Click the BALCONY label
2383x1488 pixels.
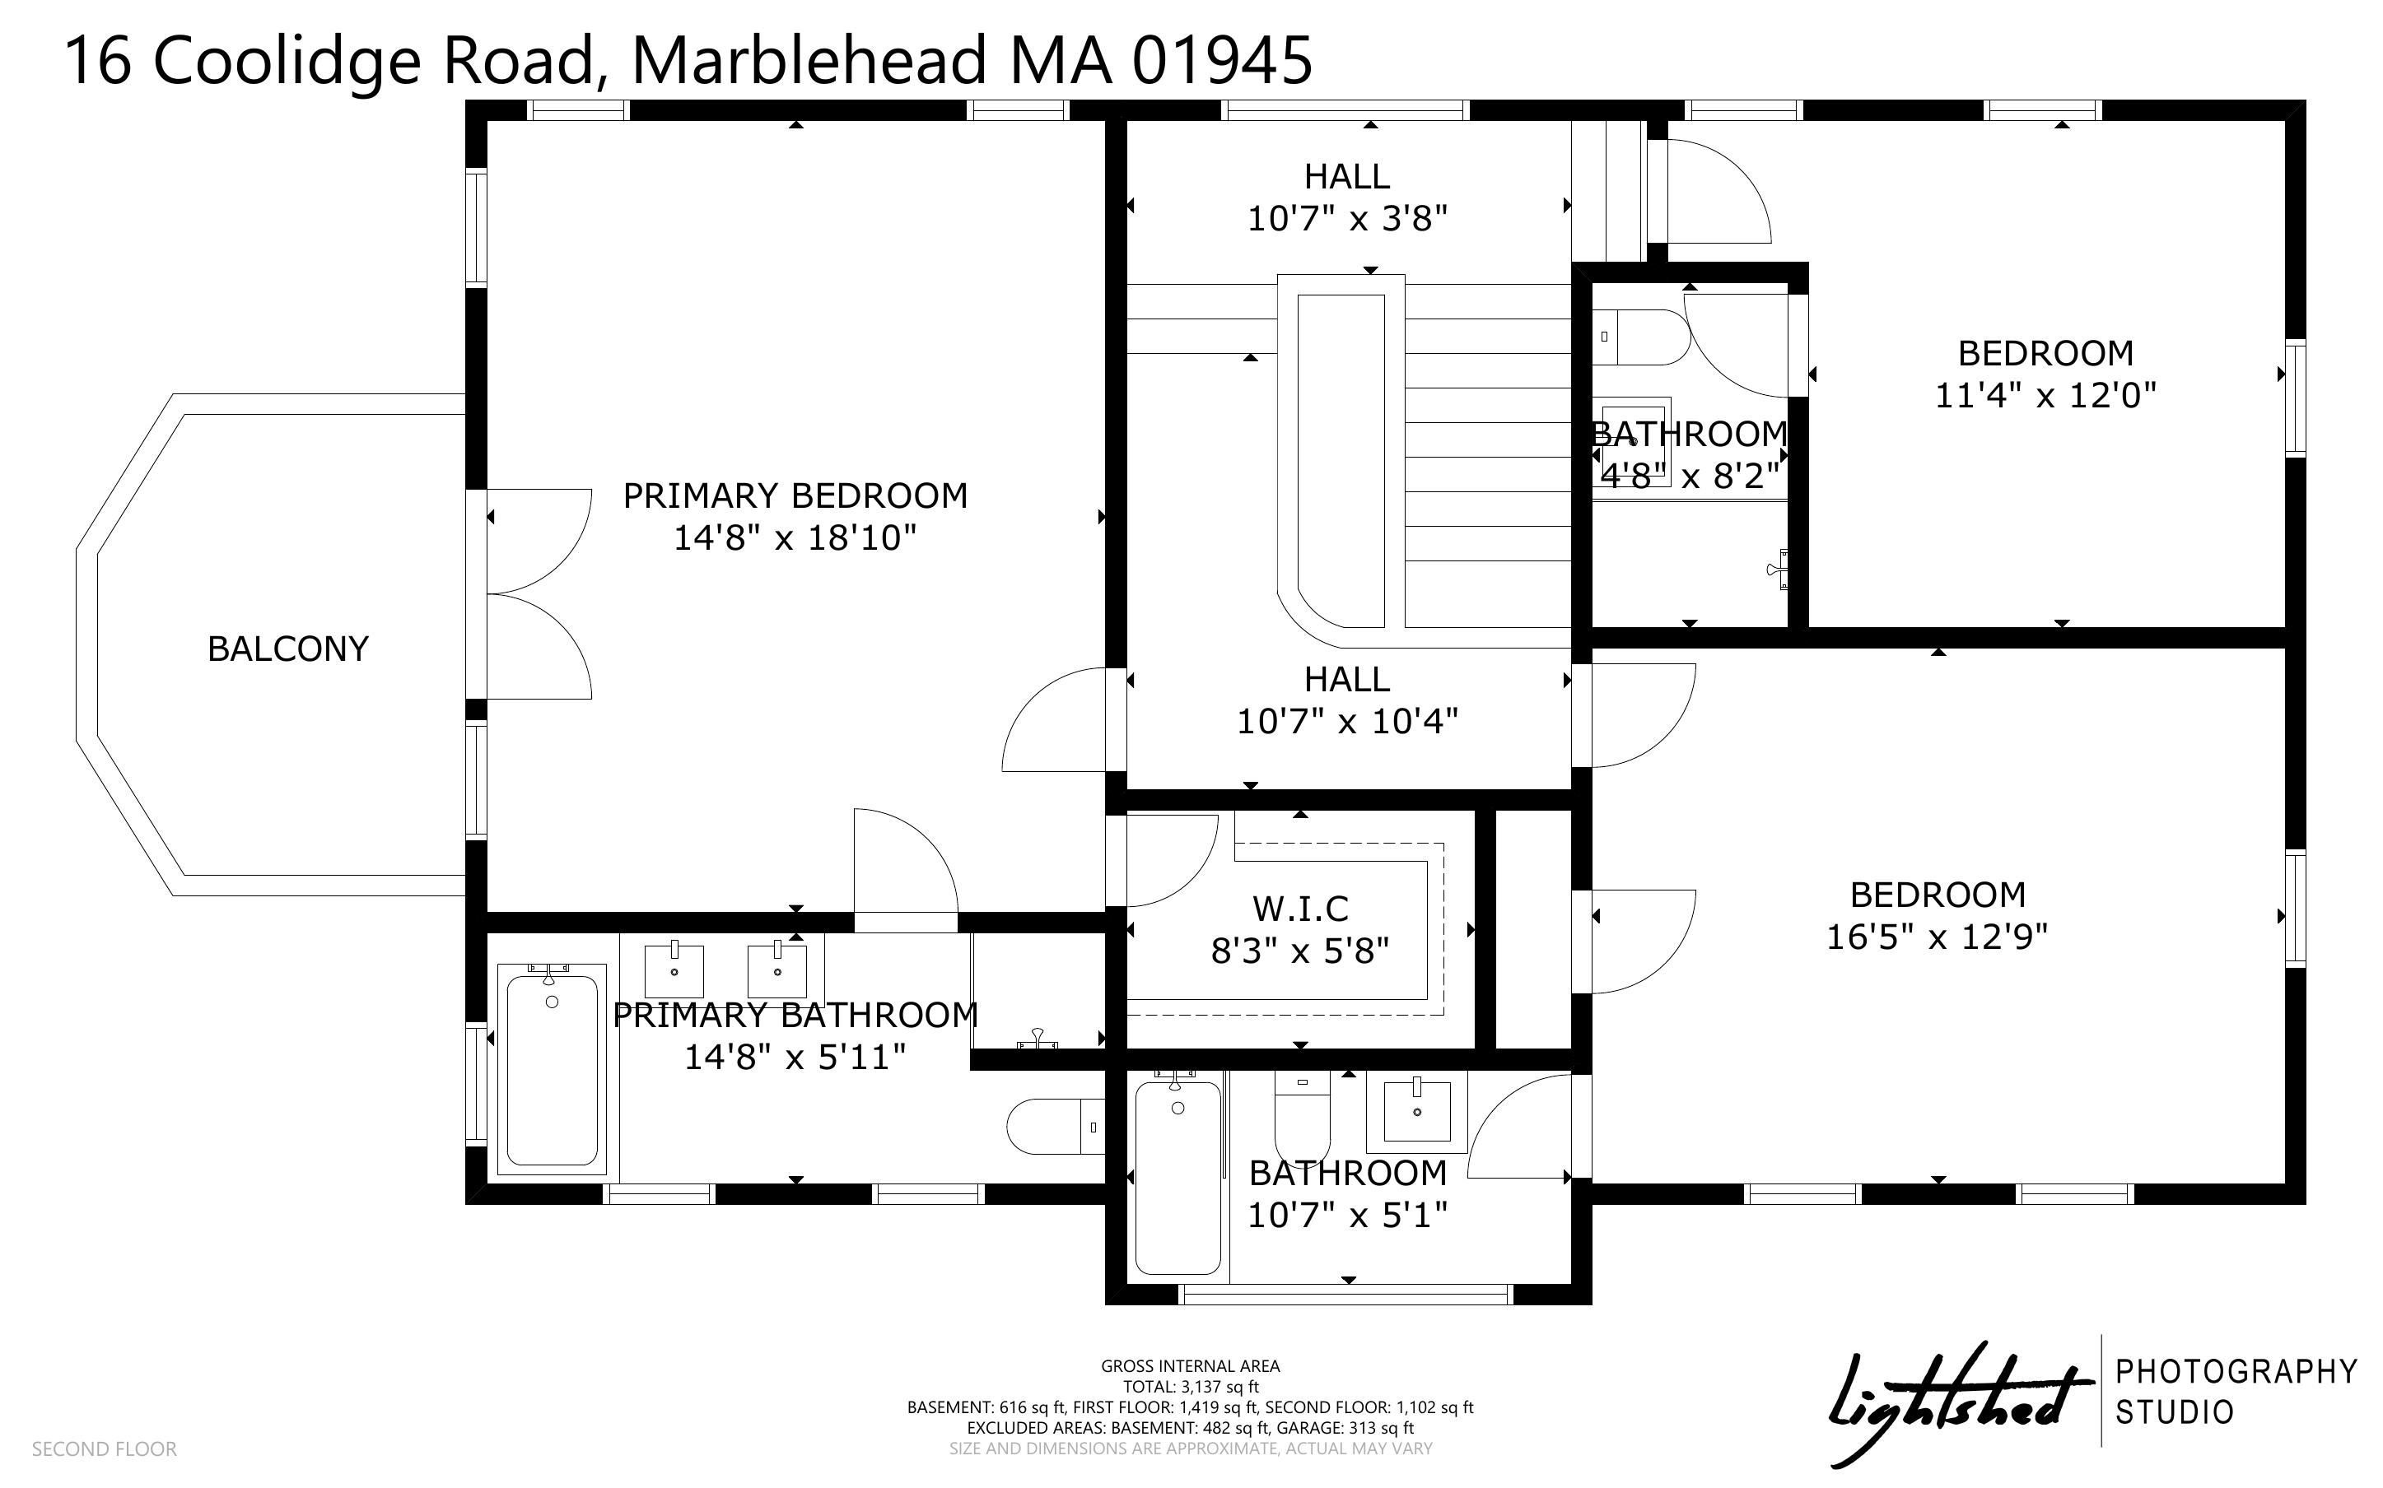point(287,649)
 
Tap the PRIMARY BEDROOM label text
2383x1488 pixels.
point(795,495)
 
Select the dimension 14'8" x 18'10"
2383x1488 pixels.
point(795,537)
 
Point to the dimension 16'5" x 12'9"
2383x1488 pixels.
point(1937,936)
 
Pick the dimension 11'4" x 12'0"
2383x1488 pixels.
point(2045,395)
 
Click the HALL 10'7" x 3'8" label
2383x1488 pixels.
point(1347,197)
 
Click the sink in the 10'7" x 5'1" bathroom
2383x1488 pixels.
point(1416,1111)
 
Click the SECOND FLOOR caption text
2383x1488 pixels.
point(105,1448)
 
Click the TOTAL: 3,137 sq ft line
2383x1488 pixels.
point(1190,1387)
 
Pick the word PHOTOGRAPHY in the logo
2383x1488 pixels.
point(2236,1371)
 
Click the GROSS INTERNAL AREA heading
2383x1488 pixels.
point(1190,1366)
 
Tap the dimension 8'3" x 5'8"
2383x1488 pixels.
point(1300,951)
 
